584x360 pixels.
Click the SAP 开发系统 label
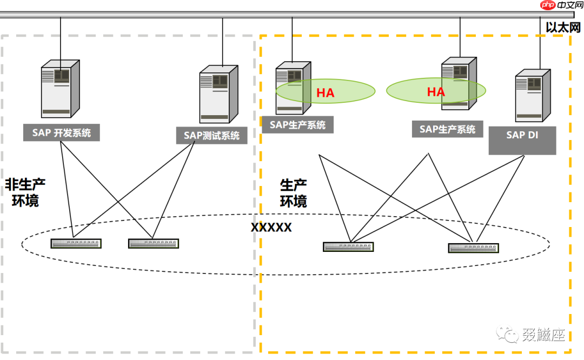(61, 133)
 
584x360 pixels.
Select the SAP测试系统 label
(211, 136)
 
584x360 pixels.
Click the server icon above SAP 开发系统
(60, 89)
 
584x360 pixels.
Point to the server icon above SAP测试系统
(218, 95)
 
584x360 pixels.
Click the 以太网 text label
(562, 28)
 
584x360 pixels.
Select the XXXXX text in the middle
(271, 228)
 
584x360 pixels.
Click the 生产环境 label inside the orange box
(294, 194)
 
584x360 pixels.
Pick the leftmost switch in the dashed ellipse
(76, 243)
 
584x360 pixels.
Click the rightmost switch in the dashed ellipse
(473, 248)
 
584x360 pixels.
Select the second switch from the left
(154, 243)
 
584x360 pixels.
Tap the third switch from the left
(349, 246)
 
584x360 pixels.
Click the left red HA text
(325, 93)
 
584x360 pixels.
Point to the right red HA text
(436, 92)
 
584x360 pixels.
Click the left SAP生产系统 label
(297, 125)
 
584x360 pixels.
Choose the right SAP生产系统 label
(447, 129)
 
